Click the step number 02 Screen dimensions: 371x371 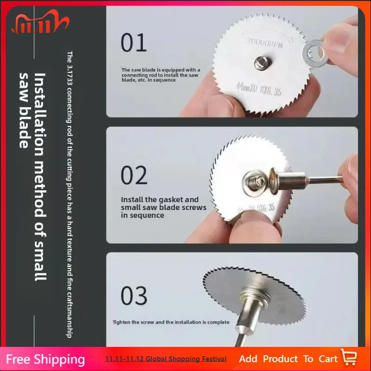(x=134, y=176)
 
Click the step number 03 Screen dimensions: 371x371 (x=134, y=295)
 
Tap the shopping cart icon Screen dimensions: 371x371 (x=349, y=358)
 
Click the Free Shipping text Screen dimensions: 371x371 (x=45, y=359)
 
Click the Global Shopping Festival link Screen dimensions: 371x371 (x=166, y=359)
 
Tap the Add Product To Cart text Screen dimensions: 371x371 (x=288, y=358)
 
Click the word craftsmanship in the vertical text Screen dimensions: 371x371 (x=69, y=306)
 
